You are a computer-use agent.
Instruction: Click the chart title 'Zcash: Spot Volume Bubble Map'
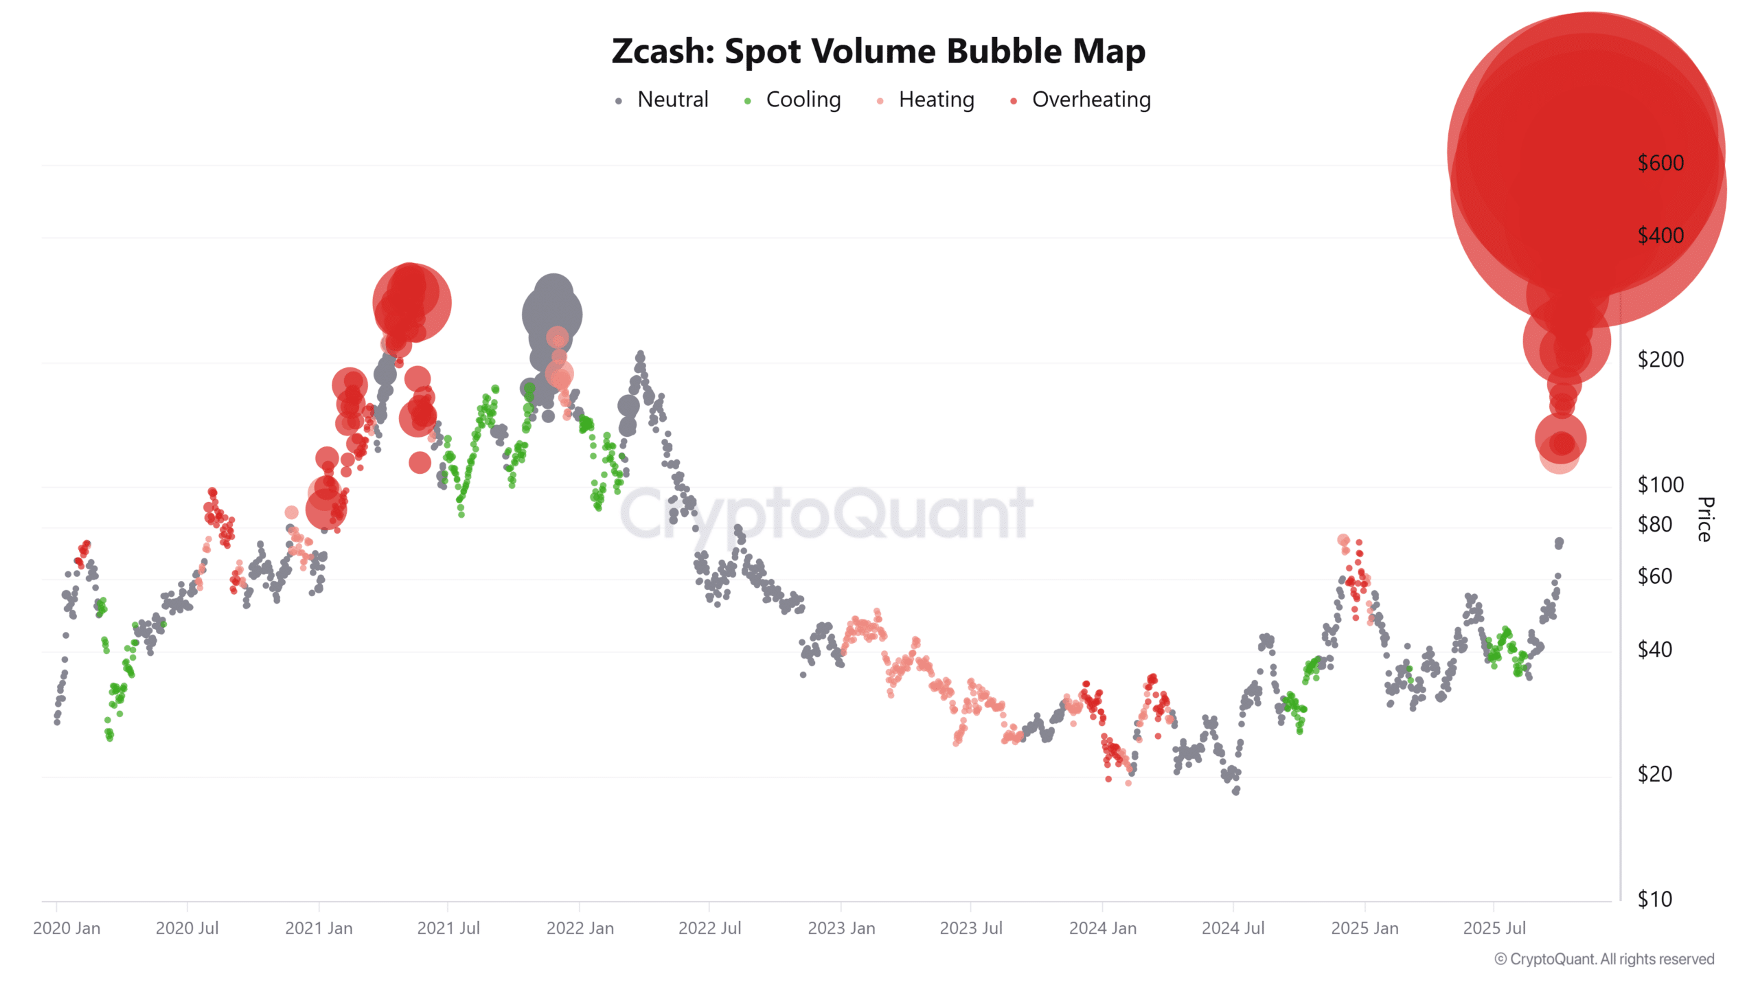tap(878, 52)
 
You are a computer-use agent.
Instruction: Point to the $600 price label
tap(1660, 163)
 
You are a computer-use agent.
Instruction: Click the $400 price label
tap(1660, 236)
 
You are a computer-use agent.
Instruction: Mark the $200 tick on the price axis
tap(1660, 360)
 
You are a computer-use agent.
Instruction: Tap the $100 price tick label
tap(1660, 485)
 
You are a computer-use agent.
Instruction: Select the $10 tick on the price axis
tap(1654, 899)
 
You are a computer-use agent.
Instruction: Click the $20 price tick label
tap(1654, 775)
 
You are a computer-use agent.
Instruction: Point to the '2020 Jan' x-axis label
tap(67, 929)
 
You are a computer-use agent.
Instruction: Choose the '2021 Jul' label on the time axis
tap(448, 929)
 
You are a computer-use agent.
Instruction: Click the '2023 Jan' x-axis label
tap(841, 929)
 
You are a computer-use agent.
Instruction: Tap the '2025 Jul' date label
tap(1494, 929)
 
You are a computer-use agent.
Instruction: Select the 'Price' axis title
tap(1705, 519)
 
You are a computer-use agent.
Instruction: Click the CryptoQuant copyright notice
tap(1604, 959)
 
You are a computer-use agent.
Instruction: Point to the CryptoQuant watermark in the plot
tap(826, 514)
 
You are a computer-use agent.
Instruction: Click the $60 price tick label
tap(1654, 576)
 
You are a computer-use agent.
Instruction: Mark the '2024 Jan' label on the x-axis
tap(1102, 929)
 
